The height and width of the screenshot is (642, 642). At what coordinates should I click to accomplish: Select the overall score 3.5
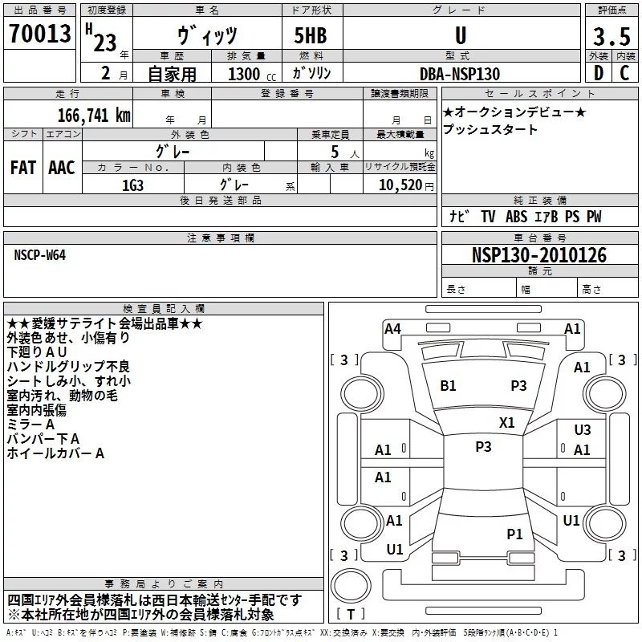point(611,37)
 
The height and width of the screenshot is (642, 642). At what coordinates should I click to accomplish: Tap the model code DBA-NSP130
point(460,74)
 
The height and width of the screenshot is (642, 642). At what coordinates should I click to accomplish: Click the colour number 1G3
point(132,184)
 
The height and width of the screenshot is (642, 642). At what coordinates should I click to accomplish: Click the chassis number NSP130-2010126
point(539,255)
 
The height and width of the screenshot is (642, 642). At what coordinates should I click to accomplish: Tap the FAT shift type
point(22,168)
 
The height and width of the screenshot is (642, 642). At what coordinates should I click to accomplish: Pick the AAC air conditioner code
point(61,168)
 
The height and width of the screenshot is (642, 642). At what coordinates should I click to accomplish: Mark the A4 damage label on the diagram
point(392,328)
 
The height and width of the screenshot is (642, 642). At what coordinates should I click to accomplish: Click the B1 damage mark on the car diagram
point(448,386)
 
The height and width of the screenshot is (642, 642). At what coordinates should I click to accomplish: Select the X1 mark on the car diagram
point(507,423)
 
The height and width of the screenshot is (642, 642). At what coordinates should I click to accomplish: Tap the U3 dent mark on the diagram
point(583,430)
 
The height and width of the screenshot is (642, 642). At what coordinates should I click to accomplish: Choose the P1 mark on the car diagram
point(514,534)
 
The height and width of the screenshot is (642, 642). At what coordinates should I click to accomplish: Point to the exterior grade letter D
point(597,73)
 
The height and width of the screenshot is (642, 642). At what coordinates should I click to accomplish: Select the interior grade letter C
point(624,73)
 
